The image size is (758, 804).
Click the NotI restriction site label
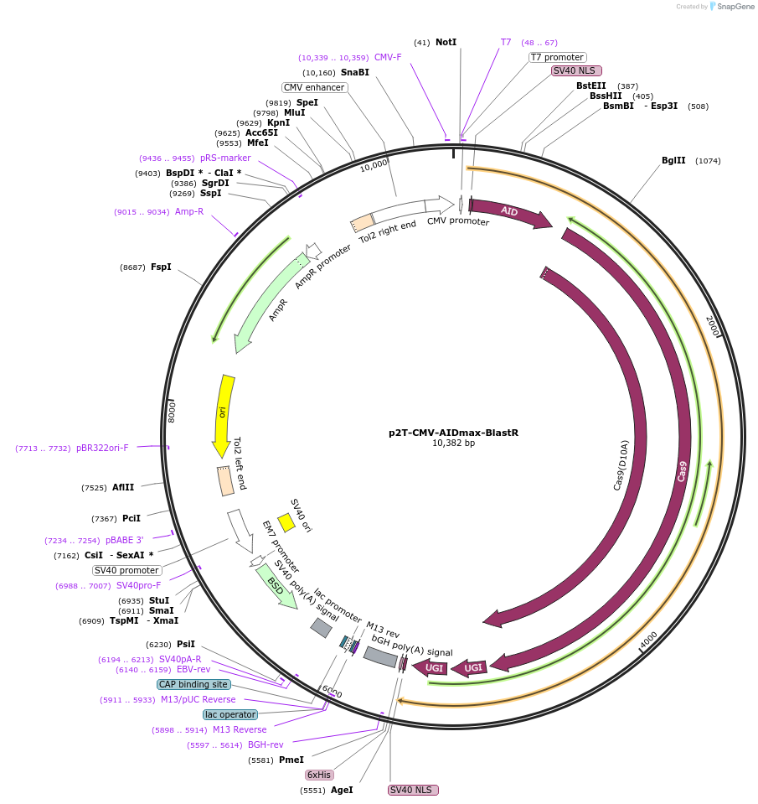click(x=446, y=42)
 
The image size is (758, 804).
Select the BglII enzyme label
click(x=673, y=161)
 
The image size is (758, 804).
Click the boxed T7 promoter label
click(x=557, y=57)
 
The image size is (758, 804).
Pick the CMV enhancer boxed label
click(x=313, y=87)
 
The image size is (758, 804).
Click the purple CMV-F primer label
click(x=388, y=57)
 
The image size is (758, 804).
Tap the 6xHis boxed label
click(x=318, y=775)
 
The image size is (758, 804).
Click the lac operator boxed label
click(x=229, y=714)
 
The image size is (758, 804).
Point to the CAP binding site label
click(x=193, y=684)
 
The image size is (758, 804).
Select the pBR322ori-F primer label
click(x=102, y=448)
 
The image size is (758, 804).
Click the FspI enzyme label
click(x=161, y=267)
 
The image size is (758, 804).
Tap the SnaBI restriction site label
click(x=354, y=72)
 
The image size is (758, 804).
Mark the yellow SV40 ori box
click(x=286, y=522)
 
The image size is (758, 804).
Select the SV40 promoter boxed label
click(x=127, y=570)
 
